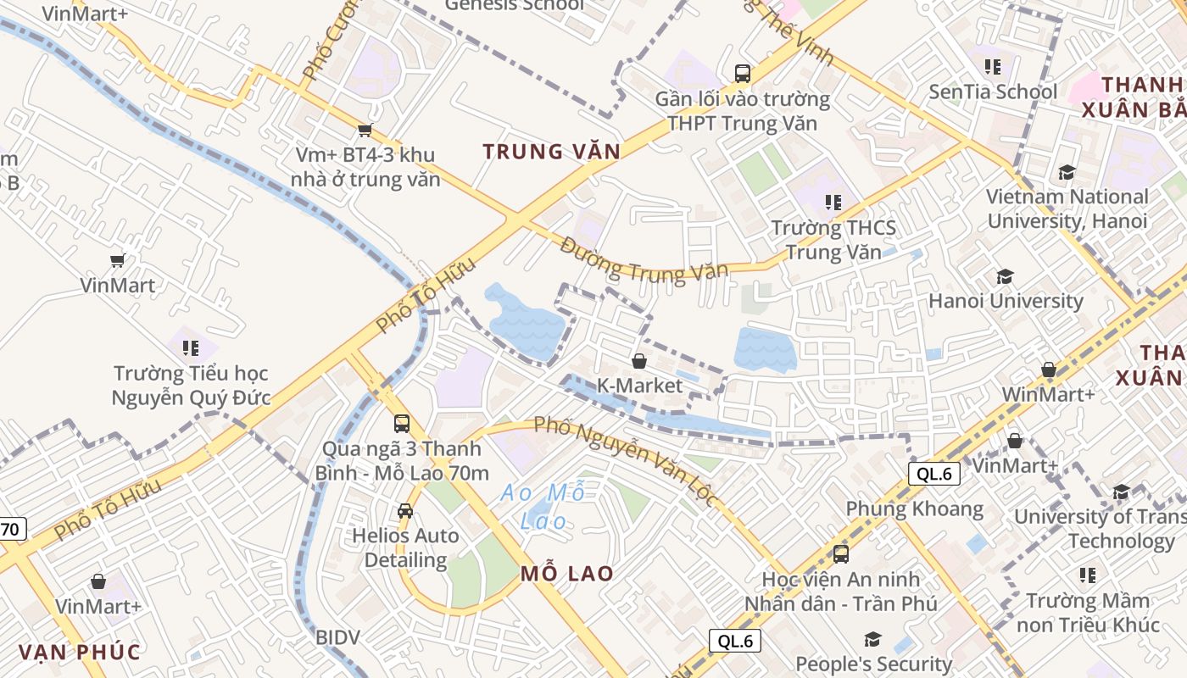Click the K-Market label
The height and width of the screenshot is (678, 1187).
click(639, 386)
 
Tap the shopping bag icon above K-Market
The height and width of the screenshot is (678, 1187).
click(639, 362)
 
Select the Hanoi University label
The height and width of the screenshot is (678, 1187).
click(1006, 301)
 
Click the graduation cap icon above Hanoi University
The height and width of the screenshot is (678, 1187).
click(1006, 277)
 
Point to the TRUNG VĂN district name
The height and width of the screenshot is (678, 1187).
click(551, 152)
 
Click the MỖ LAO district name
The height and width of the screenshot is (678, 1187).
click(567, 574)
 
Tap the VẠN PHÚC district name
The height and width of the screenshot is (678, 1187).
click(79, 652)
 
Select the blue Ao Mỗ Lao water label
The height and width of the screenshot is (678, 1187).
click(543, 506)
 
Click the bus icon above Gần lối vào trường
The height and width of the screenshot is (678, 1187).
click(743, 74)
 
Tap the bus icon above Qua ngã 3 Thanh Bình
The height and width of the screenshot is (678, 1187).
click(402, 423)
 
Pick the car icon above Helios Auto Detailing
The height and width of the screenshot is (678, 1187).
click(405, 511)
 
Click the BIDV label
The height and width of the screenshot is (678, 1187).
click(337, 637)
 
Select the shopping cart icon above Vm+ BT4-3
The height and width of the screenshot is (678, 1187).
click(365, 130)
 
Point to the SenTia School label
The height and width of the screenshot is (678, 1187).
click(993, 92)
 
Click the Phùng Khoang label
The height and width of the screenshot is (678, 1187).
click(915, 509)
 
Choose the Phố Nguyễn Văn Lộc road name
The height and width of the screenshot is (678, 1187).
click(627, 459)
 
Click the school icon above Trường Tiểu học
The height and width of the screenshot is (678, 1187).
click(191, 348)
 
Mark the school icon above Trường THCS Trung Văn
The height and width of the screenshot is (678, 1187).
click(833, 203)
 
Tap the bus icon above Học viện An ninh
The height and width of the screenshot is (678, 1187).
click(841, 554)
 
